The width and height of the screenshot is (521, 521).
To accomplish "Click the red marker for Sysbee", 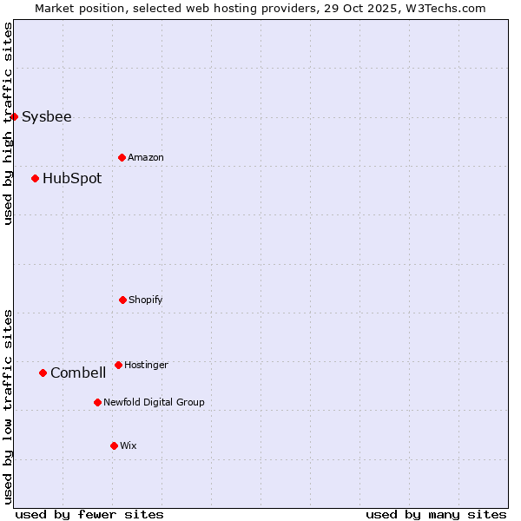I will (x=14, y=116).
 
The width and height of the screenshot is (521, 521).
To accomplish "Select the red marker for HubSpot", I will (x=36, y=179).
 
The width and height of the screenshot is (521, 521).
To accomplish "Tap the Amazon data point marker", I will (x=122, y=157).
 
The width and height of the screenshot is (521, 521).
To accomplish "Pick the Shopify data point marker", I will (x=122, y=300).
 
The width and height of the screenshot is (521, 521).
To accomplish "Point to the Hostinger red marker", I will (x=118, y=365).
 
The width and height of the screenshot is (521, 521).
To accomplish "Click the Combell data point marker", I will (x=43, y=373).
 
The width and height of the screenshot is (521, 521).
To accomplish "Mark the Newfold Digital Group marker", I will (x=97, y=402).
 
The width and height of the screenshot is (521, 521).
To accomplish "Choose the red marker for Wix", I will (x=114, y=445).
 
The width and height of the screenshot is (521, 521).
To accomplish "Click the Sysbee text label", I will (x=47, y=117).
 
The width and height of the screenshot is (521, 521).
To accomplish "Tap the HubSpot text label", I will (x=72, y=179).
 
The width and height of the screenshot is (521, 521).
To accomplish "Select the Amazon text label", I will (x=146, y=158).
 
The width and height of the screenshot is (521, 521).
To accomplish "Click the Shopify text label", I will (x=146, y=300).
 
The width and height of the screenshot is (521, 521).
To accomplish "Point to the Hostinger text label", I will (x=146, y=366).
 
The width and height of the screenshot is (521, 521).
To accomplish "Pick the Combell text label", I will (x=78, y=373).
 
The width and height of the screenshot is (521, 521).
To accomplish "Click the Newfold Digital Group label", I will (x=154, y=403).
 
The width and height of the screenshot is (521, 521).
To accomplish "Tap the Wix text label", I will (x=129, y=446).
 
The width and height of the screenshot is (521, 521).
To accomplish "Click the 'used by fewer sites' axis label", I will (x=89, y=515).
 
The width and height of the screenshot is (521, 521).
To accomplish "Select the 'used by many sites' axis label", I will (x=436, y=515).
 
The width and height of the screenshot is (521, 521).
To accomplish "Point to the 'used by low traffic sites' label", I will (x=8, y=406).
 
